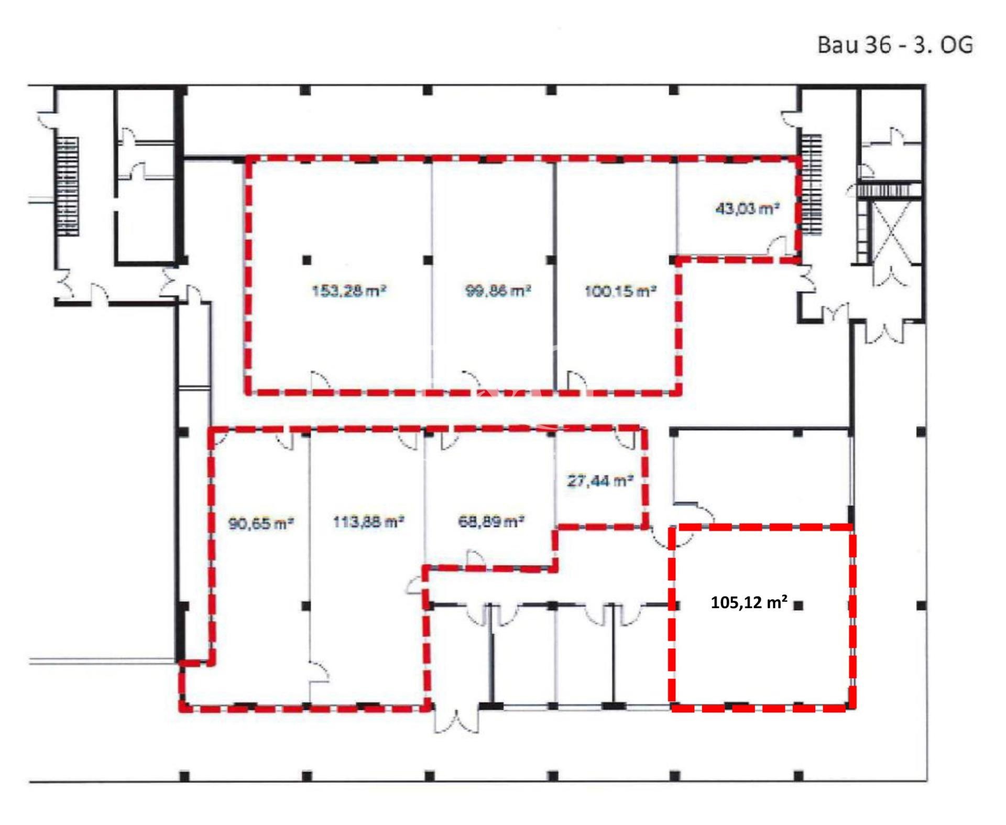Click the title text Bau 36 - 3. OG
pos(895,45)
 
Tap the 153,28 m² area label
pos(349,291)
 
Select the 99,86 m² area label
pos(498,291)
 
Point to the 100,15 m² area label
pos(620,291)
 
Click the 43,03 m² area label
pos(747,209)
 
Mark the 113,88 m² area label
pos(368,522)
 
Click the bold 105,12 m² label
pos(749,603)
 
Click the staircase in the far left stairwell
pos(68,186)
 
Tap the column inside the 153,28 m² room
pos(307,259)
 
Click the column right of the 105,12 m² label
pos(798,606)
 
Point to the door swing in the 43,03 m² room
pos(778,246)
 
